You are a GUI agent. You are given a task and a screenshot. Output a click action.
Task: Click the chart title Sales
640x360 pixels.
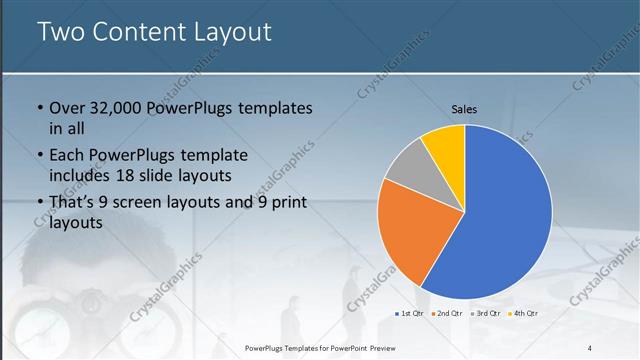tap(464, 108)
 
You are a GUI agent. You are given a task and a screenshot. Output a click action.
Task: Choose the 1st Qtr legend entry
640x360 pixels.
tap(410, 314)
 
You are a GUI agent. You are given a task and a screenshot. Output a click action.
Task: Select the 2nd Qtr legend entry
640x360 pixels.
tap(447, 314)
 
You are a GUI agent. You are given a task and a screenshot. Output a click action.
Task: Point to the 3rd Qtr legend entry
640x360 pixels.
tap(485, 314)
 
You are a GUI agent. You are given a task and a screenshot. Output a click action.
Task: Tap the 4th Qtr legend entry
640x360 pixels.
tap(522, 314)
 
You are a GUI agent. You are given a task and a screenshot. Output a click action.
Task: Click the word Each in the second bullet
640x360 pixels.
tap(68, 155)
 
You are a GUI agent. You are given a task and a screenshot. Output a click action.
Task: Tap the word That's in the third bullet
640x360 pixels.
tap(74, 203)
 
